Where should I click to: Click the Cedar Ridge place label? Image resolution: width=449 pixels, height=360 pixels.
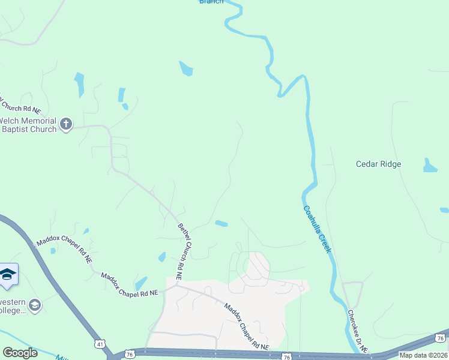tap(378, 164)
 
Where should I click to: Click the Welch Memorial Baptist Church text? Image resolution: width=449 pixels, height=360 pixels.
tap(28, 124)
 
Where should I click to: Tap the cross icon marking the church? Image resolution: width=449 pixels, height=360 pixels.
tap(66, 125)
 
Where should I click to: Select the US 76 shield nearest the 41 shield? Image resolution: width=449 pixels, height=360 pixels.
tap(130, 355)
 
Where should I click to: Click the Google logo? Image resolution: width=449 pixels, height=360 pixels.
tap(20, 353)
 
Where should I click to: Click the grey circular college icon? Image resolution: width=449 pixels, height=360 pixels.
tap(35, 305)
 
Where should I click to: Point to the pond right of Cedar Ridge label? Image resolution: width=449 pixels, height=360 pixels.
tap(430, 166)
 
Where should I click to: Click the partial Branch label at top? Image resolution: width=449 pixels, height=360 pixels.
tap(211, 2)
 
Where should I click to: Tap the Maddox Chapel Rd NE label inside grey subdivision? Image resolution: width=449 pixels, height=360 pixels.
tap(247, 326)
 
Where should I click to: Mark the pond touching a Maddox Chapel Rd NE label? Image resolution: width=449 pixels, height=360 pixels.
tap(141, 283)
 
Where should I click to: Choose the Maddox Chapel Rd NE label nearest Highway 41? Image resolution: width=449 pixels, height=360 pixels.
tap(64, 250)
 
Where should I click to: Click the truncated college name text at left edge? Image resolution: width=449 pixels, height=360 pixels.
tap(12, 305)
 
